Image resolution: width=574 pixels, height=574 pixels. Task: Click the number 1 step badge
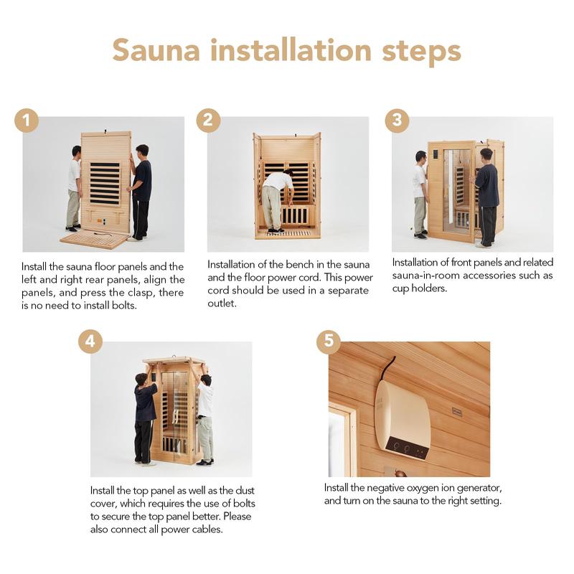(x=27, y=121)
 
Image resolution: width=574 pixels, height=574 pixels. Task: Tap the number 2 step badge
(x=208, y=121)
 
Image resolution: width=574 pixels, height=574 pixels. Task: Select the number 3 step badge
(x=397, y=121)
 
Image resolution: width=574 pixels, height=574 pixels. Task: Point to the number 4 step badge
(x=90, y=342)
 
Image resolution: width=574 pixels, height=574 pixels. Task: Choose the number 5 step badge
(x=329, y=342)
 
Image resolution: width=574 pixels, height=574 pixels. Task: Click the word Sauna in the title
(x=156, y=50)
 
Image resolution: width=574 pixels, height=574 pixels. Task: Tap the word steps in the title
(x=421, y=51)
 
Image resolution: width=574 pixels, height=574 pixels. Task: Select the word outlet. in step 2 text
(x=222, y=303)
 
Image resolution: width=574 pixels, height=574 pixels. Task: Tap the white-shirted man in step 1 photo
(x=74, y=188)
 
